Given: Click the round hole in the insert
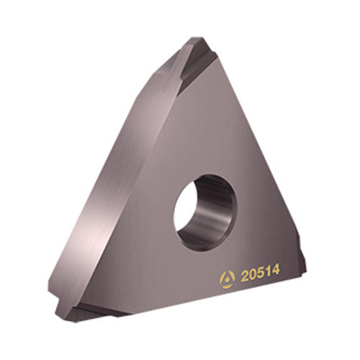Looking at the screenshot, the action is [x=205, y=212].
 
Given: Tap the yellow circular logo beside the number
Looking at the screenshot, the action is [x=227, y=279].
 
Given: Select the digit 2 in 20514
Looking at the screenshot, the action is [x=245, y=276].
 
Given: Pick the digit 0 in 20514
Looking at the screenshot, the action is [x=253, y=275].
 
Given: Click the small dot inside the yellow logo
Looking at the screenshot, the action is [x=227, y=280].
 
